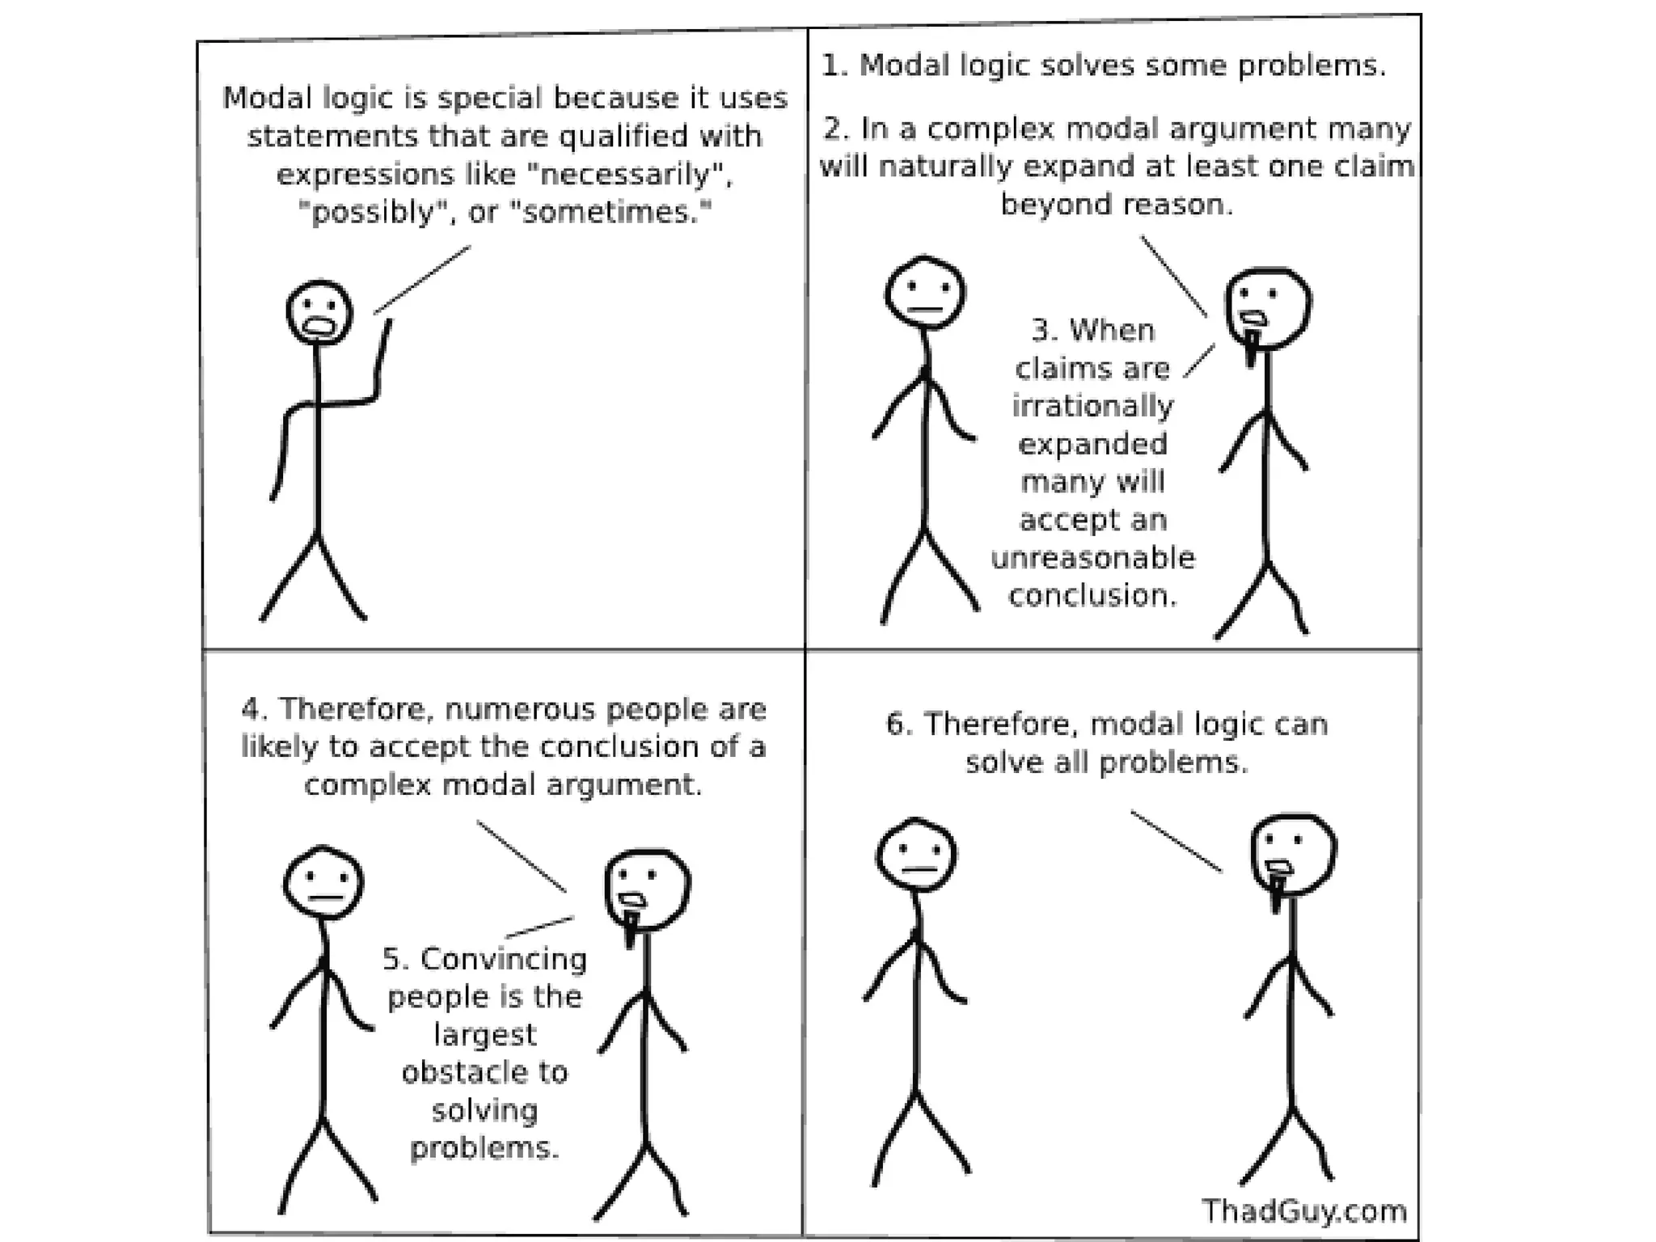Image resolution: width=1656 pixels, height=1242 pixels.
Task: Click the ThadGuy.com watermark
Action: (1303, 1211)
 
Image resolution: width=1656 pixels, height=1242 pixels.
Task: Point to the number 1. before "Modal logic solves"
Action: (834, 65)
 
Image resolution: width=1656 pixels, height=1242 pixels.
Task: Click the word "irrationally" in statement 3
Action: (1092, 406)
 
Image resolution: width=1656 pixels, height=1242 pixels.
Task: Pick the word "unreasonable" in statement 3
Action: (1092, 558)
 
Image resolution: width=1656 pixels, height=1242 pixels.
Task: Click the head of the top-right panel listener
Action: (924, 292)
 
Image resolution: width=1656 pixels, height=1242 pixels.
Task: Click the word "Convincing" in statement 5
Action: (503, 960)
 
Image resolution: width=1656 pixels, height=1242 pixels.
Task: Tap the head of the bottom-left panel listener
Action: (323, 882)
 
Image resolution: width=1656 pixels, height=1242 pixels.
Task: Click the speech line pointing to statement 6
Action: (1175, 841)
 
